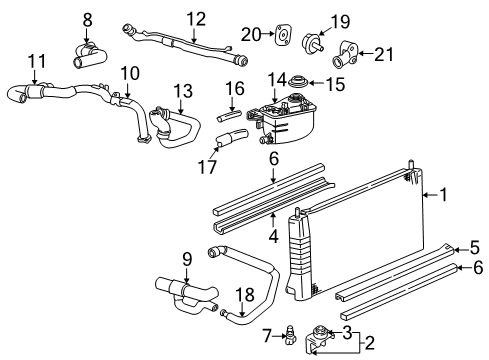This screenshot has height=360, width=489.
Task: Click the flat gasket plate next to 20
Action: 283,38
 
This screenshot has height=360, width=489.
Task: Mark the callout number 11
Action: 36,62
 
